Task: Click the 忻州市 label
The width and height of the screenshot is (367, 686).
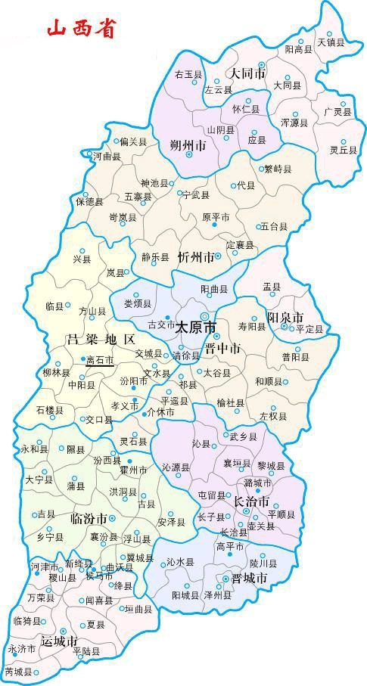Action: pyautogui.click(x=195, y=257)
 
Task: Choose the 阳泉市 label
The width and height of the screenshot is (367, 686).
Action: pyautogui.click(x=285, y=317)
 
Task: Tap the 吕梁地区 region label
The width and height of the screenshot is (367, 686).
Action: pyautogui.click(x=101, y=338)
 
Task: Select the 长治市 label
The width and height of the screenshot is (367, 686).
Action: pyautogui.click(x=251, y=501)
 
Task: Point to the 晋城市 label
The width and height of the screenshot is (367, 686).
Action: pyautogui.click(x=250, y=578)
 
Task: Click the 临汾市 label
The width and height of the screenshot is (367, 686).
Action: pyautogui.click(x=88, y=518)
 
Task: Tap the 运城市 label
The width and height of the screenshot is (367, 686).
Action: pyautogui.click(x=59, y=640)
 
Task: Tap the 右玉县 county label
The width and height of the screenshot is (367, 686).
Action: pyautogui.click(x=188, y=74)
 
